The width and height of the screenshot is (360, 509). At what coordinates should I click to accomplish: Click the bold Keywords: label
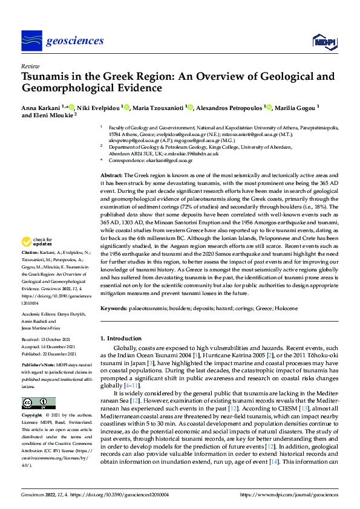113,308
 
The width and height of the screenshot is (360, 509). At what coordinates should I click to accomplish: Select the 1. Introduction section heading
123,339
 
